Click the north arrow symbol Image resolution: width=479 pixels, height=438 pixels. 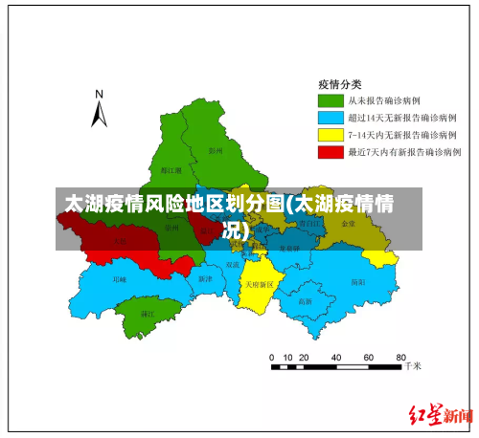click(99, 110)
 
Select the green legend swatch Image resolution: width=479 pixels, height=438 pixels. click(330, 99)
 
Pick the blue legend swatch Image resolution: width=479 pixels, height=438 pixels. click(330, 117)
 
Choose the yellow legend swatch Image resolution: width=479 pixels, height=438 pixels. click(330, 134)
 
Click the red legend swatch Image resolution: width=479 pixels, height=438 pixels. click(330, 151)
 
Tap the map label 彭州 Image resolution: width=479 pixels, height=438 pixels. click(215, 150)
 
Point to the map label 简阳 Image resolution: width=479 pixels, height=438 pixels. click(357, 282)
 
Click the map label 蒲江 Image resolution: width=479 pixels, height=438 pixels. click(148, 313)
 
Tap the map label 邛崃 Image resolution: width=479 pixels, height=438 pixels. click(120, 280)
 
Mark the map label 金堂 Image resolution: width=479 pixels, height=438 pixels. click(348, 223)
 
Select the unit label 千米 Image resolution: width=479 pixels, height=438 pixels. click(412, 365)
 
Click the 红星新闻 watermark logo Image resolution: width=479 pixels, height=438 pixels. click(441, 416)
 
